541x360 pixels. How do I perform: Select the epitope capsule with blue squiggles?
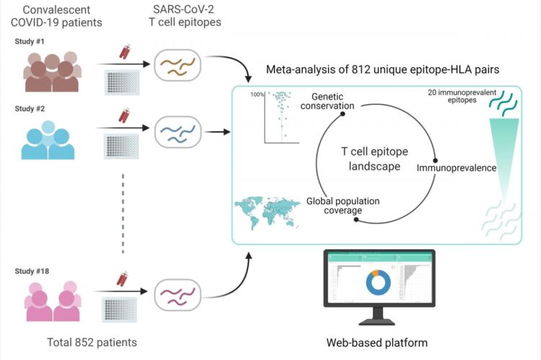point(177,133)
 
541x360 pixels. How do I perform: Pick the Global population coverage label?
point(343,206)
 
